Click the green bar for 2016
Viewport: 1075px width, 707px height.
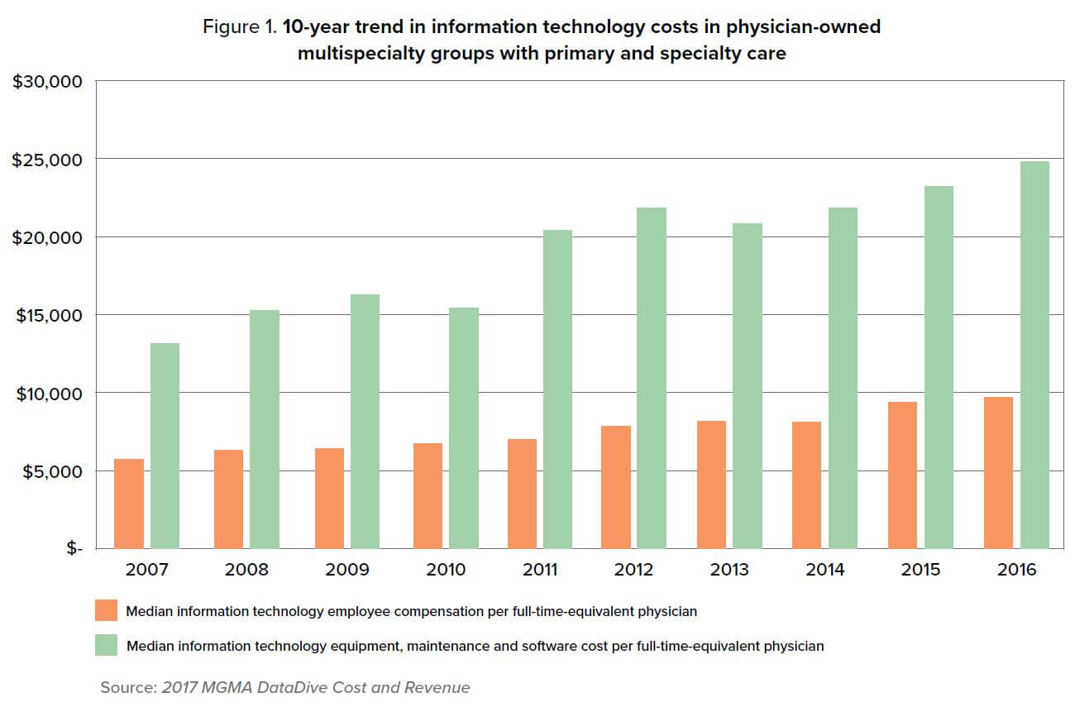[1034, 355]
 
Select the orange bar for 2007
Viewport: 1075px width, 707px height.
[129, 504]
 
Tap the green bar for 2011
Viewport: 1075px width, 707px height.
[557, 389]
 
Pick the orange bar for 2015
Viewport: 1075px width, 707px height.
[902, 475]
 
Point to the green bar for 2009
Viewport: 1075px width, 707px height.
[365, 422]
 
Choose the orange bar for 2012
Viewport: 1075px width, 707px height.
[616, 487]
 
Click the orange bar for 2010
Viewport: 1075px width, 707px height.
[428, 496]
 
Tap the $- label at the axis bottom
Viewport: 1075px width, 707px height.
[74, 549]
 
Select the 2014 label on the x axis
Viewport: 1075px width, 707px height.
[825, 570]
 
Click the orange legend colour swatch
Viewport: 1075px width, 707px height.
[107, 611]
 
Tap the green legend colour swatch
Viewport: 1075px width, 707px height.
[107, 645]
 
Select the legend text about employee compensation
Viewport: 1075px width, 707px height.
[411, 612]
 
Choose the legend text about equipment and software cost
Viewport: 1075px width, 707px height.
[475, 646]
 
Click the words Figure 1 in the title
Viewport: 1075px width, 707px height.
[239, 26]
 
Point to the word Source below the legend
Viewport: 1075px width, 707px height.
[128, 687]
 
